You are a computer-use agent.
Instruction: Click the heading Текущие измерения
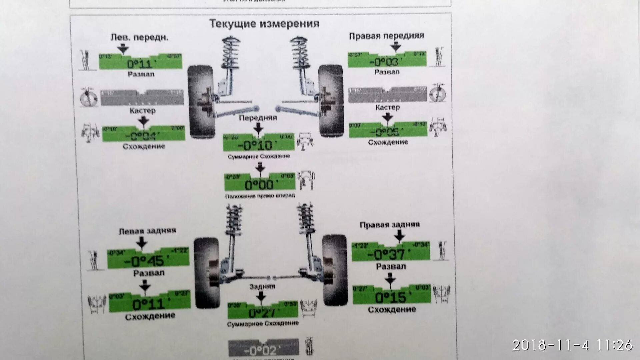[x=264, y=24]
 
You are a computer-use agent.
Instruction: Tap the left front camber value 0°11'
[x=140, y=64]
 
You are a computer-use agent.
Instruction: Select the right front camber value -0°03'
[x=386, y=62]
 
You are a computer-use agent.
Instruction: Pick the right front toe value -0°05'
[x=387, y=132]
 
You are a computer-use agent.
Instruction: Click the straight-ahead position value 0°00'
[x=259, y=185]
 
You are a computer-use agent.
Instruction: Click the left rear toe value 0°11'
[x=149, y=304]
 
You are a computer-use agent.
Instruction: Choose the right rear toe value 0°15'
[x=391, y=297]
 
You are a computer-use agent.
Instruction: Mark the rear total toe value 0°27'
[x=262, y=313]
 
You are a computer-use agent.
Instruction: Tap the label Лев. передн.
[x=139, y=37]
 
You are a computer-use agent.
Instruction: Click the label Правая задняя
[x=390, y=225]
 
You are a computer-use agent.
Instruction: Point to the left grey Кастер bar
[x=142, y=98]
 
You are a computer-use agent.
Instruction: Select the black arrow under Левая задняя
[x=142, y=243]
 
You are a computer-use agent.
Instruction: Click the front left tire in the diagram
[x=201, y=102]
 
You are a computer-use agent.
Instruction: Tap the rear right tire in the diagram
[x=335, y=270]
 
